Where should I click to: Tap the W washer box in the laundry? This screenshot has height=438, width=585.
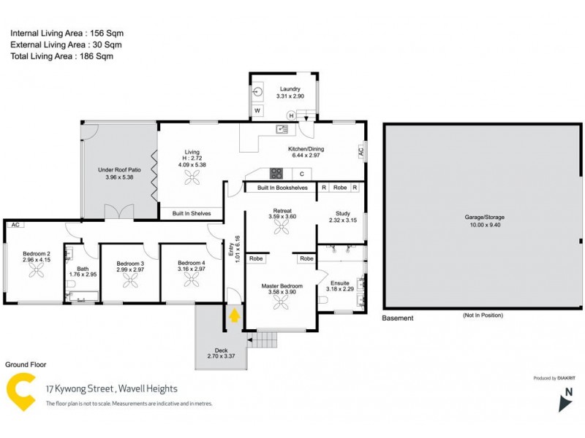pyautogui.click(x=257, y=111)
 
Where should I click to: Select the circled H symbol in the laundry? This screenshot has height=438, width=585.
pyautogui.click(x=290, y=115)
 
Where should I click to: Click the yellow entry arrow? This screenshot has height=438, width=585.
pyautogui.click(x=235, y=315)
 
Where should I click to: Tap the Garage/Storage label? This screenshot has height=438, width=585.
pyautogui.click(x=484, y=217)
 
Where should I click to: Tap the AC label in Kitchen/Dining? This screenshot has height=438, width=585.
pyautogui.click(x=360, y=151)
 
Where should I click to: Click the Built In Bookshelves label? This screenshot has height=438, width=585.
pyautogui.click(x=286, y=188)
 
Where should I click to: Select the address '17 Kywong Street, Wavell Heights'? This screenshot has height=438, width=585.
pyautogui.click(x=111, y=389)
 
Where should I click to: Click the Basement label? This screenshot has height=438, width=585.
pyautogui.click(x=398, y=318)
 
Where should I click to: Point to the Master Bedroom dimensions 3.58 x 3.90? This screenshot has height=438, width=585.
pyautogui.click(x=282, y=293)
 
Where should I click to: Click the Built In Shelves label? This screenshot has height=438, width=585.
pyautogui.click(x=192, y=213)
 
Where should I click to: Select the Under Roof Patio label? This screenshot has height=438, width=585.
pyautogui.click(x=121, y=169)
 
